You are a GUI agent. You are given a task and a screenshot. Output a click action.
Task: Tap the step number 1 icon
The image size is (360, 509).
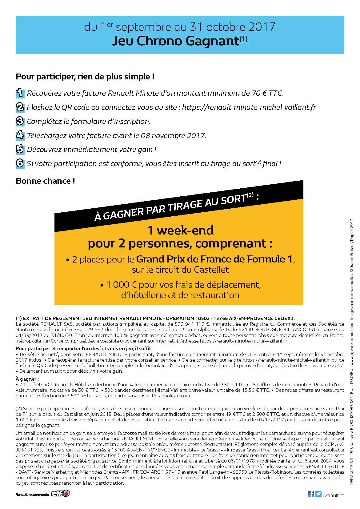pos(20,93)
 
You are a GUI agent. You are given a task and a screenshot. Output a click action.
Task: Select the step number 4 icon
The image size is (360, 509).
pos(20,135)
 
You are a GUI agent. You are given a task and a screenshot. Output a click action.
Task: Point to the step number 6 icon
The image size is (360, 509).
pos(20,163)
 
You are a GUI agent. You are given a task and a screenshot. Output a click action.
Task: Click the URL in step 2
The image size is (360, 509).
pos(249,107)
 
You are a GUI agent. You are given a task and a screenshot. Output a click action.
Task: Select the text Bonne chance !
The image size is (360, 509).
pos(45,181)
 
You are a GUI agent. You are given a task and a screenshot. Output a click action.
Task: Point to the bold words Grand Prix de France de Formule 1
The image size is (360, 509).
pos(214,259)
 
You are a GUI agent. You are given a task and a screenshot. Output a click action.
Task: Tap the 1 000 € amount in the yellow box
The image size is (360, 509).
pos(118,285)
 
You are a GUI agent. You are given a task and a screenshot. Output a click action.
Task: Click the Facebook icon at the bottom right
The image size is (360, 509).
pos(311,494)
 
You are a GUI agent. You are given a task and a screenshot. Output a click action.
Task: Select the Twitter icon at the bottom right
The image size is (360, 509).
pos(318,494)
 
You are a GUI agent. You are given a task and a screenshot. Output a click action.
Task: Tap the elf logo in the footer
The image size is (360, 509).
pos(60,494)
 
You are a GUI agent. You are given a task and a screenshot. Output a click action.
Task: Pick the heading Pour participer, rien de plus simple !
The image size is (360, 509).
pos(85,77)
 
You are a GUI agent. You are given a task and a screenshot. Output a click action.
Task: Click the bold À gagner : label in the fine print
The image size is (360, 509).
pos(27,379)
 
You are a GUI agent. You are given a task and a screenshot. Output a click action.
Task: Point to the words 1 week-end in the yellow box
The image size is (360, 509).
pos(181,230)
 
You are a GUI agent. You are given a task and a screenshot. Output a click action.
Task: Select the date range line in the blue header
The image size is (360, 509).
pos(179,27)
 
